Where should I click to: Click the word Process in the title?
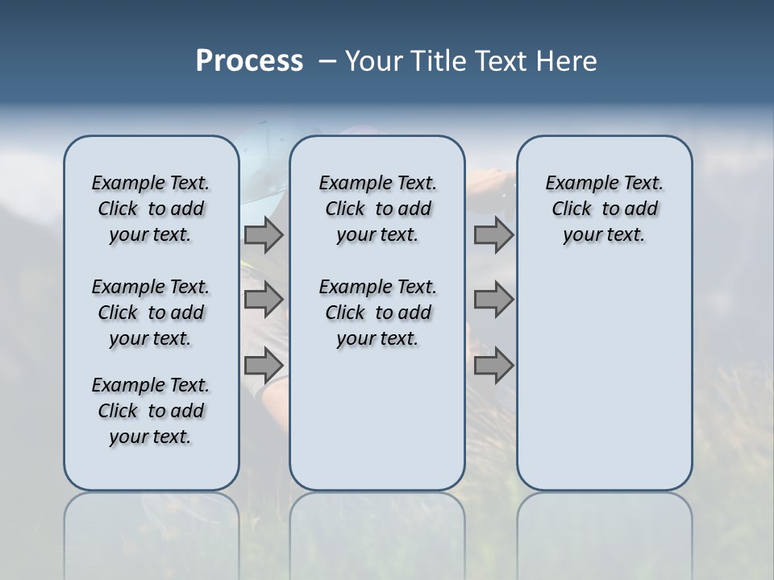pos(249,61)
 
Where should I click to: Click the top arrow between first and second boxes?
pos(264,235)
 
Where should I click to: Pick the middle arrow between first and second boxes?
pos(264,300)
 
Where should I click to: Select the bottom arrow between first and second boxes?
pos(264,365)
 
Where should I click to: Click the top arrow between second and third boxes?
pos(493,235)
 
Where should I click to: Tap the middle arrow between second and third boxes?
pos(493,300)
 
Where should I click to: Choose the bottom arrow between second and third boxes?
pos(493,365)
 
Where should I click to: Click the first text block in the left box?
pos(151,209)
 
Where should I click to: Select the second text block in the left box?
pos(151,313)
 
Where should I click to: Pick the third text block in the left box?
pos(151,411)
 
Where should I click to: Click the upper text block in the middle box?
pos(377,209)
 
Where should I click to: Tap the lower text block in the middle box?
pos(377,313)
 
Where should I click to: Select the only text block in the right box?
pos(604,209)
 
